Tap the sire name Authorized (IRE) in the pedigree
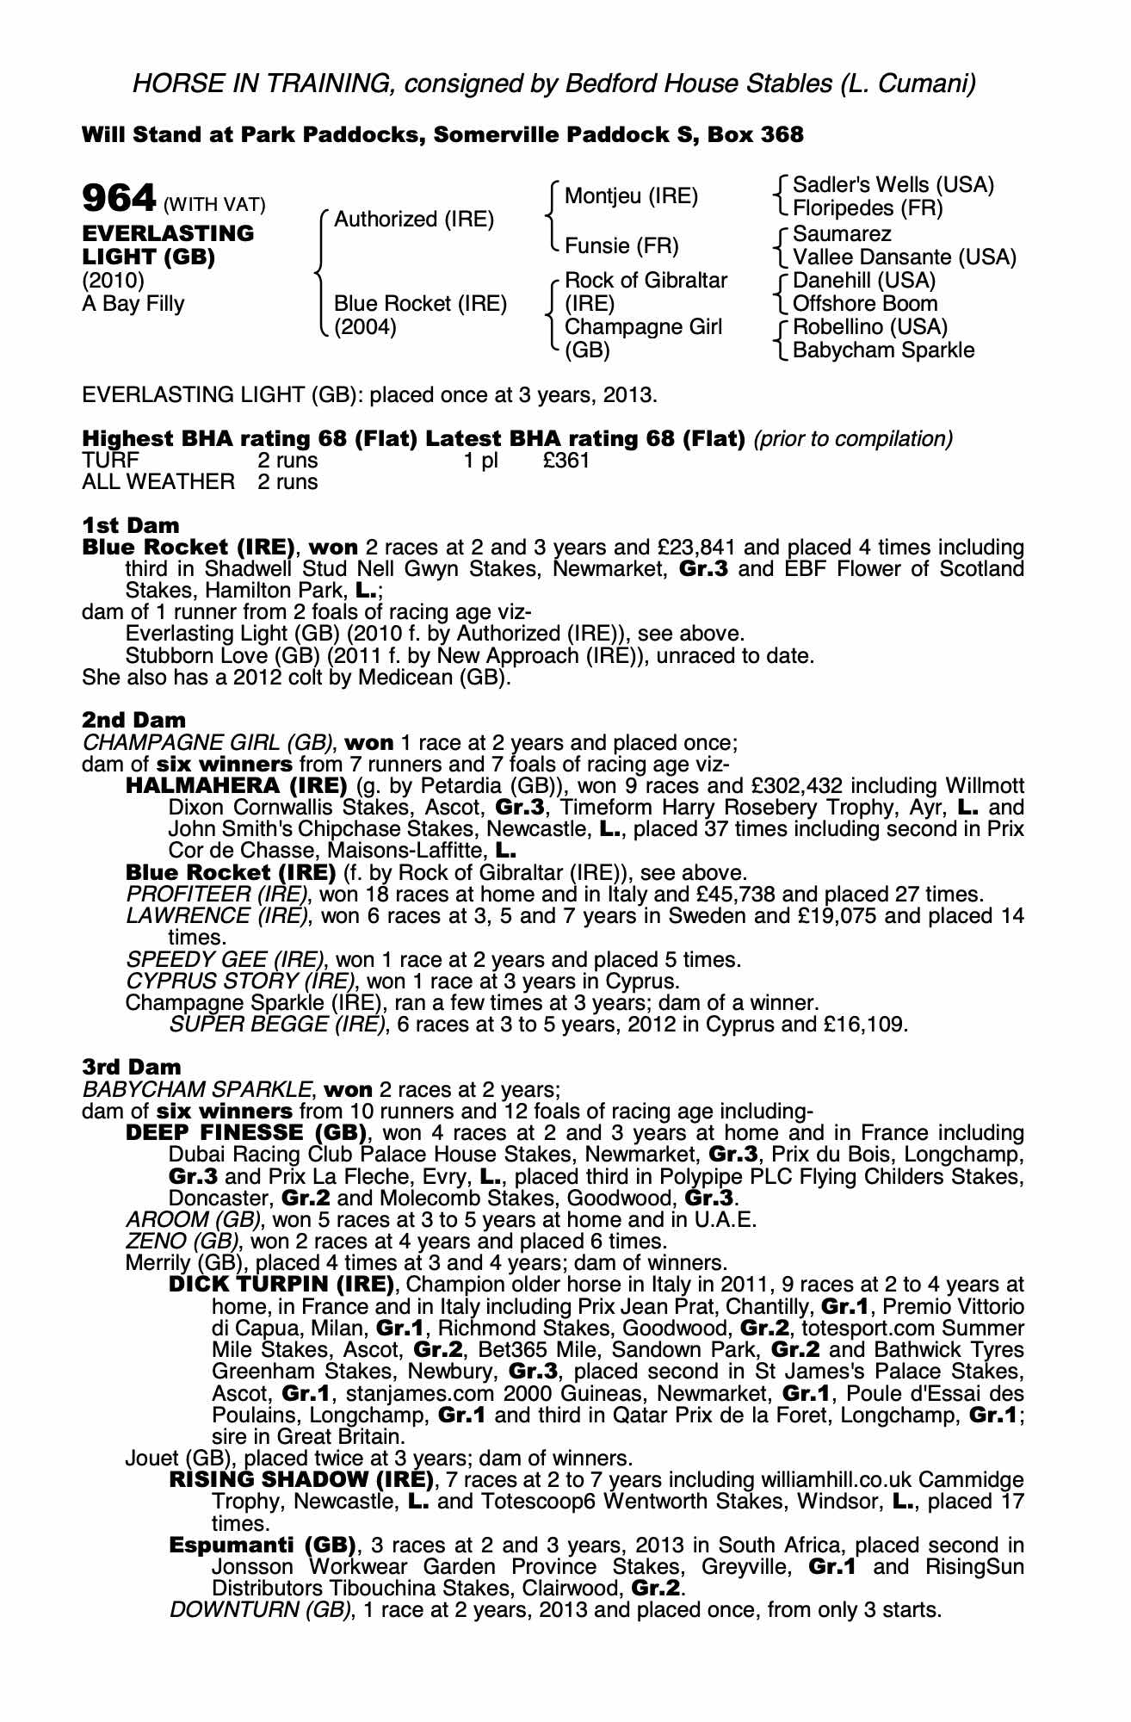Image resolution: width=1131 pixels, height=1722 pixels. (414, 220)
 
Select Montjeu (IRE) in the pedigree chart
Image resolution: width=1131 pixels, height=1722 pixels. (631, 196)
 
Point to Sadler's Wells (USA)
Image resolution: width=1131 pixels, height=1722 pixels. (893, 185)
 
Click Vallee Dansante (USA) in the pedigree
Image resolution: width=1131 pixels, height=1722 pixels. (905, 257)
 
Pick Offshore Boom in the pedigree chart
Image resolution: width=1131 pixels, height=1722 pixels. (865, 304)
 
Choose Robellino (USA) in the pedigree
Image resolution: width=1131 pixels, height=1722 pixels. (869, 327)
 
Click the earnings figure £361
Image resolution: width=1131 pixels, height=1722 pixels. (566, 461)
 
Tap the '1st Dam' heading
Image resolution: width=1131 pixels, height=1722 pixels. (131, 525)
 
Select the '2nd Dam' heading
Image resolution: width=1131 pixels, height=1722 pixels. (133, 719)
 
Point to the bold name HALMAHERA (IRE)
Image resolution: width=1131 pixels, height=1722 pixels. (236, 786)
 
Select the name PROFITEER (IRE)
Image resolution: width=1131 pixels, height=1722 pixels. (217, 894)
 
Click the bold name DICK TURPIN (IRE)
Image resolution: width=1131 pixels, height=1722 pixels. (281, 1285)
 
